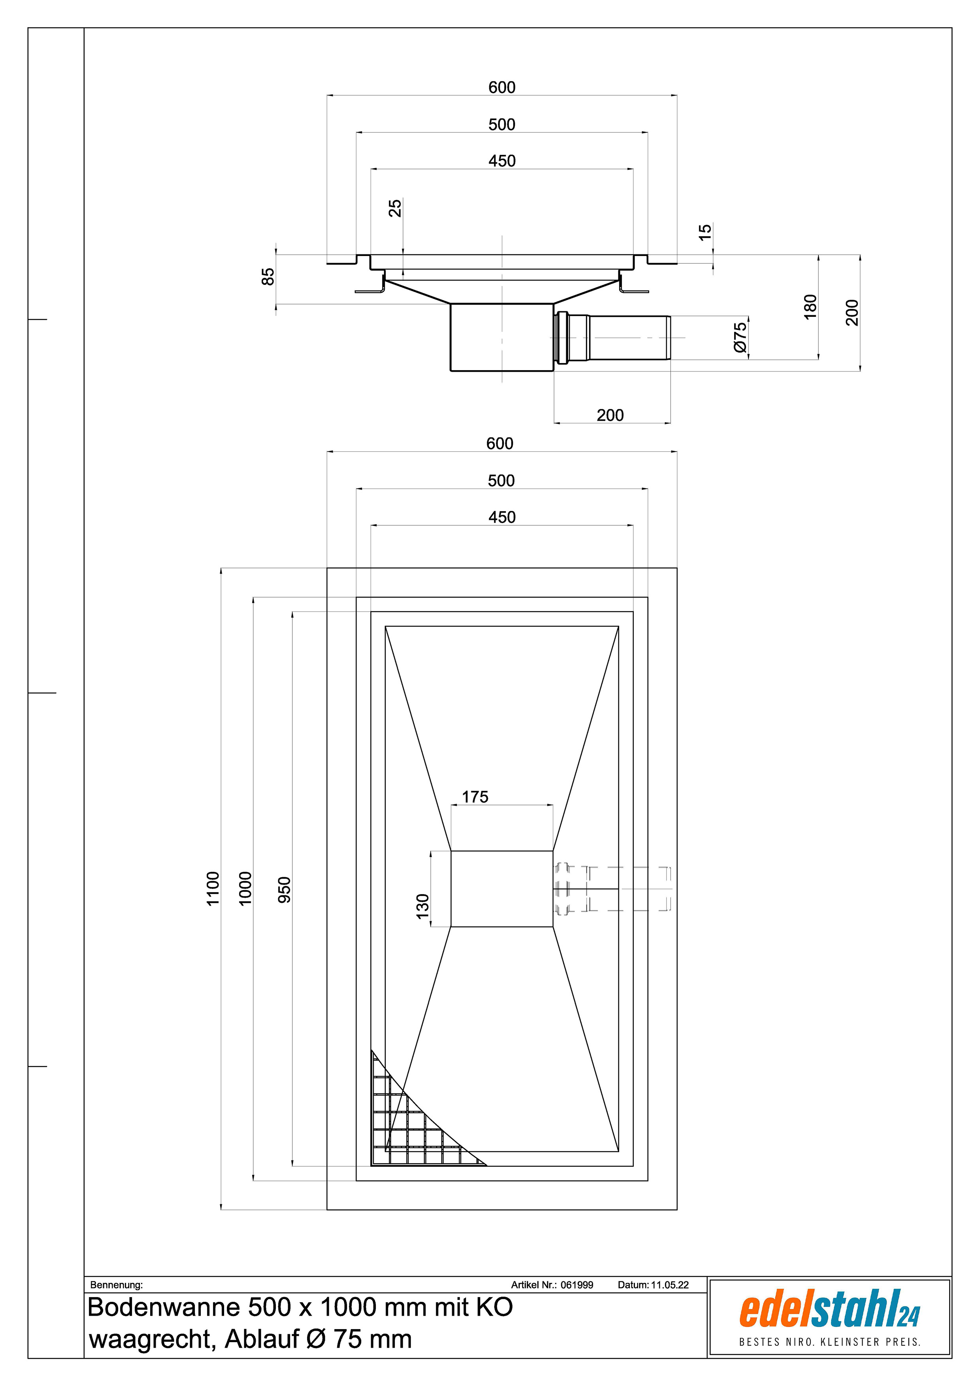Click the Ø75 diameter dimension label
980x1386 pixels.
740,337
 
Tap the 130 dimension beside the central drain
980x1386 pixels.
423,906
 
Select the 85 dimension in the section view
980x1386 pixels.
268,276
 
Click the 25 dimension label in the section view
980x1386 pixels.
395,208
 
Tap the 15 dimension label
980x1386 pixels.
705,232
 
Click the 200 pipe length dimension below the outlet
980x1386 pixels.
611,415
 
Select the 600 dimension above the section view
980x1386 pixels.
502,88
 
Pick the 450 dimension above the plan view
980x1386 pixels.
502,517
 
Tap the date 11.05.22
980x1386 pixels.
670,1284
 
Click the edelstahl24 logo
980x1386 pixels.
829,1318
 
